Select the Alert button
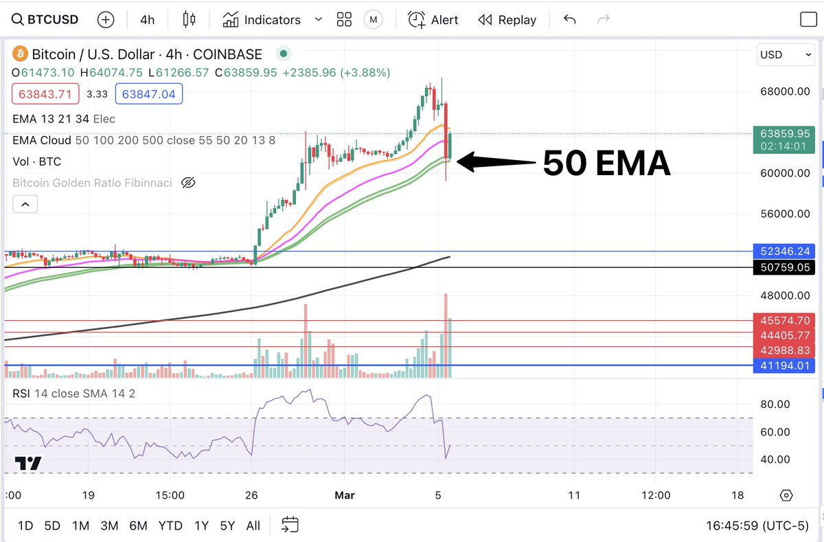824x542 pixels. click(433, 19)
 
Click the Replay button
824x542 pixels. click(507, 19)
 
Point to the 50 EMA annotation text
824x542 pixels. click(606, 163)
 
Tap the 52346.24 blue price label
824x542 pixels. click(784, 251)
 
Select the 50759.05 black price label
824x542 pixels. click(784, 267)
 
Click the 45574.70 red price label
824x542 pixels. click(784, 320)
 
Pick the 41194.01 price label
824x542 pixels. click(784, 365)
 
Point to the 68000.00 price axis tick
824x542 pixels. click(784, 91)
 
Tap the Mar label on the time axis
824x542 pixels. click(343, 495)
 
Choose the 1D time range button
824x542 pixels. click(25, 526)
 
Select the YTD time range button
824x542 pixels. click(170, 526)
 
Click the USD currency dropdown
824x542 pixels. click(786, 54)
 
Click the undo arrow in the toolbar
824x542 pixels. click(569, 19)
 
